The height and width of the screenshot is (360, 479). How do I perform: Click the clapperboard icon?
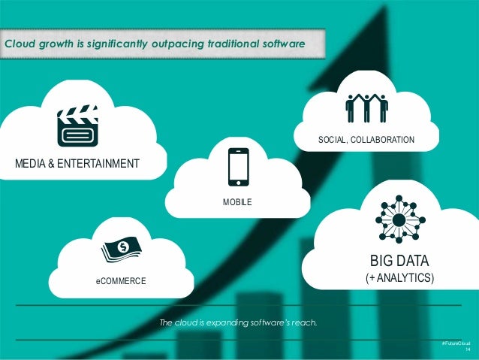pyautogui.click(x=77, y=127)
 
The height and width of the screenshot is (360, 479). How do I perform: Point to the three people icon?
pyautogui.click(x=367, y=109)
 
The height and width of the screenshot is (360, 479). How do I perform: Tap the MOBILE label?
pyautogui.click(x=236, y=202)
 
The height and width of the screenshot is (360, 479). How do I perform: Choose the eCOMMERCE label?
pyautogui.click(x=120, y=281)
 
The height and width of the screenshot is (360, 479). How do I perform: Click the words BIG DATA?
pyautogui.click(x=399, y=262)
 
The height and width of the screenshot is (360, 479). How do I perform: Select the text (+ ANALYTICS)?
pyautogui.click(x=399, y=278)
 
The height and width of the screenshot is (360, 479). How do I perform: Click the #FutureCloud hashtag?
pyautogui.click(x=455, y=343)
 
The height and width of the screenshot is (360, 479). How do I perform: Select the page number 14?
pyautogui.click(x=468, y=350)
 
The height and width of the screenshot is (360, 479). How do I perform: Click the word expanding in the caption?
pyautogui.click(x=228, y=323)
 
